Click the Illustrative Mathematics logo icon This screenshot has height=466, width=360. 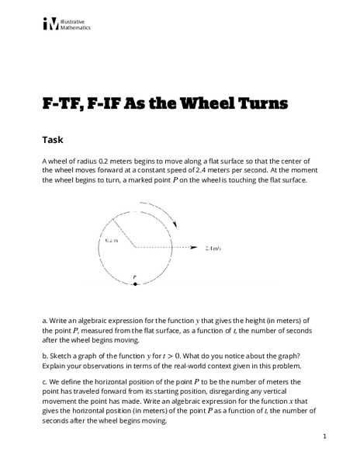[x=51, y=24]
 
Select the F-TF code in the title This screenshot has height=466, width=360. [x=61, y=103]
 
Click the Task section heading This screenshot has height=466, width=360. [x=54, y=141]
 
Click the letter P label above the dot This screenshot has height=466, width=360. [x=134, y=276]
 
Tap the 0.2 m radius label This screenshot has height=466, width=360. [x=111, y=241]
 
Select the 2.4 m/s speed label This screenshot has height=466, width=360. [x=213, y=249]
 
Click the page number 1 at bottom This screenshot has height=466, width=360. [x=324, y=437]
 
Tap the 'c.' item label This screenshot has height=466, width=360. [x=44, y=381]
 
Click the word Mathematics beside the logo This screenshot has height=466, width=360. [x=75, y=27]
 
